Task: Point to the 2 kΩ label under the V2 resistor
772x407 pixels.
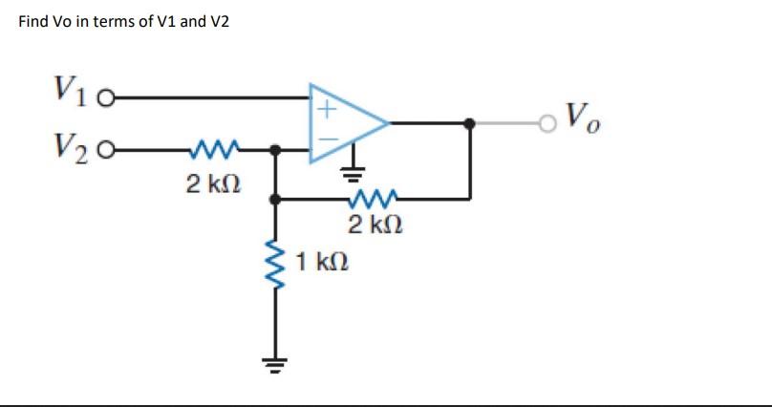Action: pyautogui.click(x=205, y=182)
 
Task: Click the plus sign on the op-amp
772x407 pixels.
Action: pyautogui.click(x=325, y=110)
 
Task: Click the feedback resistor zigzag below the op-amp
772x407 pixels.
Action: pyautogui.click(x=368, y=200)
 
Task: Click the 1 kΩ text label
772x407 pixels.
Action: pyautogui.click(x=322, y=260)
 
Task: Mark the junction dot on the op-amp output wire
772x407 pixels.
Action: pyautogui.click(x=469, y=123)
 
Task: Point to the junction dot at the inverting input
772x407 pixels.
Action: pyautogui.click(x=276, y=151)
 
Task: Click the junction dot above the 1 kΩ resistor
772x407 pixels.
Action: pyautogui.click(x=276, y=200)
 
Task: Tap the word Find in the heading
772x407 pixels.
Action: pyautogui.click(x=34, y=21)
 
